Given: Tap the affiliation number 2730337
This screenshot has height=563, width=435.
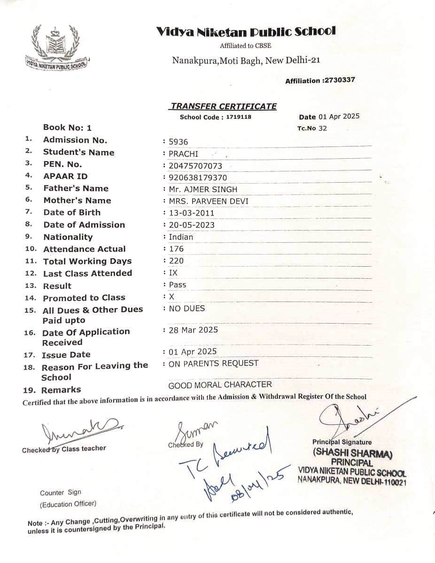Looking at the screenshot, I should (x=339, y=80).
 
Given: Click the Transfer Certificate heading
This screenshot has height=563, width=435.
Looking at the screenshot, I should (x=224, y=106).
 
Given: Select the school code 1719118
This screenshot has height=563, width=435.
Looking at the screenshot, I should (x=238, y=117).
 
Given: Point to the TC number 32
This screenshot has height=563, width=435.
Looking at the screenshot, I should (x=322, y=128).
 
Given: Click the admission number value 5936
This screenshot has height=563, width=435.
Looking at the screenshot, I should (x=179, y=142).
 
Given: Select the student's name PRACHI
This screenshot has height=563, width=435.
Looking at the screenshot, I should (x=184, y=154).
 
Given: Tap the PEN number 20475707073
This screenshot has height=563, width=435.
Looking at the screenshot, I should (x=195, y=166).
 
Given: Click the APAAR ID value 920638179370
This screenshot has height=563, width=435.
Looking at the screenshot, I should (x=198, y=178).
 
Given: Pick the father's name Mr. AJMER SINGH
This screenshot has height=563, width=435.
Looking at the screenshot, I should (x=203, y=190).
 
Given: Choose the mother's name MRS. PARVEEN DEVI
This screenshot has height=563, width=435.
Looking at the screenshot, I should (x=209, y=201).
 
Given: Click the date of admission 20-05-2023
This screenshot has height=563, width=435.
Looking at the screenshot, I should (x=192, y=225).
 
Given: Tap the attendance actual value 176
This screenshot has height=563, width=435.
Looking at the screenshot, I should (x=176, y=249).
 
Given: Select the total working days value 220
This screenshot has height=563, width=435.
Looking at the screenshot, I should (x=176, y=261).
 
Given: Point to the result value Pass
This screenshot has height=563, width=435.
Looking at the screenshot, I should (x=178, y=285).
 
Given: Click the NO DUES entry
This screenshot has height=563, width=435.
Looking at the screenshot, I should (x=186, y=308).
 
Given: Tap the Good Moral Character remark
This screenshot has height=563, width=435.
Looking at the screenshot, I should (x=220, y=385).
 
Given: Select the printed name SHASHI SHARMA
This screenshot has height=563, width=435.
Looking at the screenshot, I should (x=352, y=454).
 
